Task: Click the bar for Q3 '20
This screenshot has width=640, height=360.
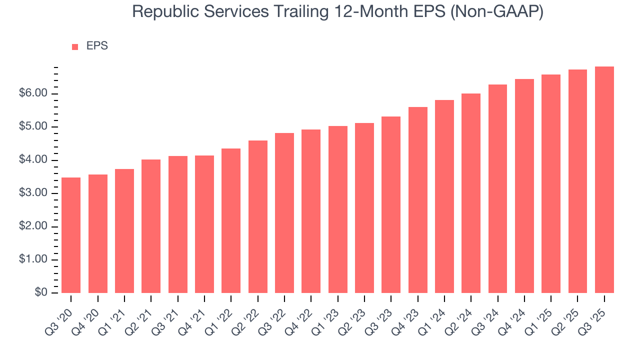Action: (x=71, y=235)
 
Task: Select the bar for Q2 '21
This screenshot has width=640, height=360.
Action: (x=151, y=226)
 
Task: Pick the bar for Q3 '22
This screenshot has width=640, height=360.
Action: (x=284, y=212)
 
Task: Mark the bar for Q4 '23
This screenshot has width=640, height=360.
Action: (x=418, y=200)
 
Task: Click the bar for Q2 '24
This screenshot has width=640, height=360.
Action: (x=471, y=193)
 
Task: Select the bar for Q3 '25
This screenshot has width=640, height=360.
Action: (x=604, y=179)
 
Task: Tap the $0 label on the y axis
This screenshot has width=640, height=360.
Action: (x=41, y=293)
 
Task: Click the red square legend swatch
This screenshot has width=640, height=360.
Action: (x=75, y=46)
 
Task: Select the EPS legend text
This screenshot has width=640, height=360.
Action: (x=97, y=46)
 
